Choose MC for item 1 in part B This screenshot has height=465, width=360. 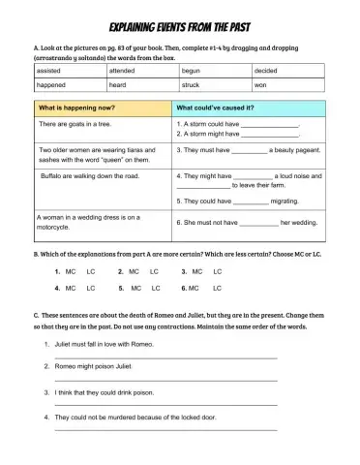[71, 271]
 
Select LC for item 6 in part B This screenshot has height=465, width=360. [218, 288]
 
